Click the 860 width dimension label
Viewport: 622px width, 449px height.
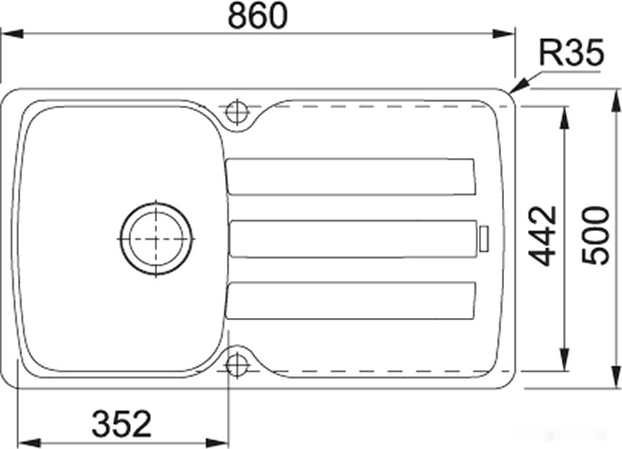[x=257, y=16]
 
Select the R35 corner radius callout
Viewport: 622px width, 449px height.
[x=571, y=54]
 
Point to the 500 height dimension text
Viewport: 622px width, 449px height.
[x=597, y=236]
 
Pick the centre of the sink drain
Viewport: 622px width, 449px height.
[x=156, y=238]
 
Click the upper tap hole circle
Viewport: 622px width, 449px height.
[x=237, y=112]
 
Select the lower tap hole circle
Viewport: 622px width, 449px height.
[x=237, y=364]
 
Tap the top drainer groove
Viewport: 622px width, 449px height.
[x=351, y=176]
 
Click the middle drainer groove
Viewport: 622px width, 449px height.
[x=353, y=238]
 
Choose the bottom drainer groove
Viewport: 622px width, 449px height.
[x=351, y=301]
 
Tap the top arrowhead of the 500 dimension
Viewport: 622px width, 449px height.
[x=615, y=97]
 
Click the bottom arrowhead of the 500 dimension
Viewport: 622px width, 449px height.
[x=615, y=381]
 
